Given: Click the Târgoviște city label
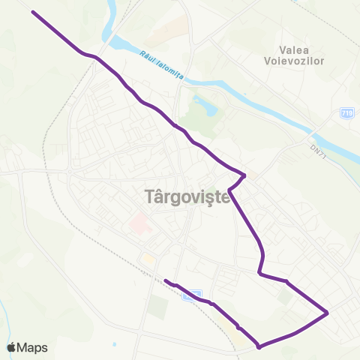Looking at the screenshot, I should pyautogui.click(x=185, y=196).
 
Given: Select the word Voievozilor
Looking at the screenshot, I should pyautogui.click(x=294, y=61).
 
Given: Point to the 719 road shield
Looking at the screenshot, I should pyautogui.click(x=346, y=112).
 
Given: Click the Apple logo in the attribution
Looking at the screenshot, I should pyautogui.click(x=11, y=347).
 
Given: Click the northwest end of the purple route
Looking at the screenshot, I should pyautogui.click(x=33, y=12).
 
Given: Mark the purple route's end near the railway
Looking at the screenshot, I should pyautogui.click(x=165, y=280).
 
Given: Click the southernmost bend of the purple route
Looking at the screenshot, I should pyautogui.click(x=259, y=346).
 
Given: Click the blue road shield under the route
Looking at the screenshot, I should pyautogui.click(x=193, y=295).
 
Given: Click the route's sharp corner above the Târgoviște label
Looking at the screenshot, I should pyautogui.click(x=244, y=175).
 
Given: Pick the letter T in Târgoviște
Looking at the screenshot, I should pyautogui.click(x=146, y=196).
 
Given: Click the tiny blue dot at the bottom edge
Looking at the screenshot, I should pyautogui.click(x=113, y=345).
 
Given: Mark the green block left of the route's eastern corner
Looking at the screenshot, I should pyautogui.click(x=284, y=297).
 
